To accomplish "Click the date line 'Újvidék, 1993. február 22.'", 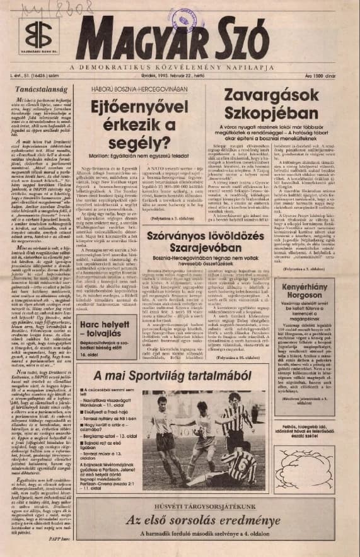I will coord(183,76).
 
